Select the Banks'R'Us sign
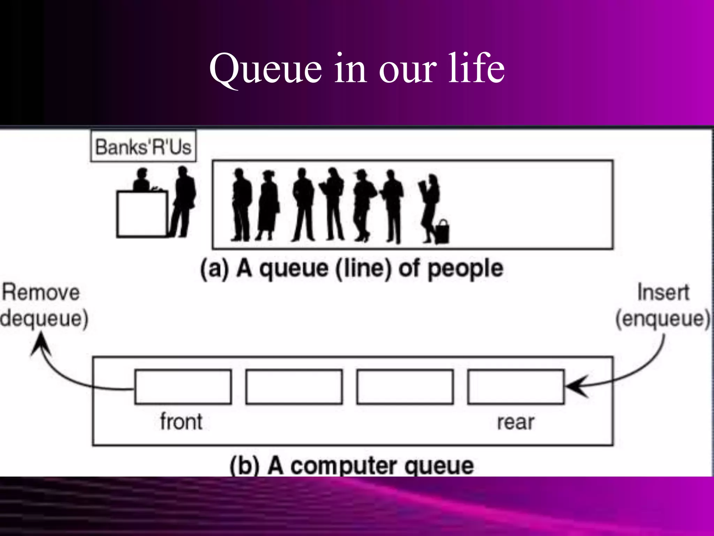click(143, 147)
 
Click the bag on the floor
click(442, 232)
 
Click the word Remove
click(41, 292)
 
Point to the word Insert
click(663, 292)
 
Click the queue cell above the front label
click(183, 387)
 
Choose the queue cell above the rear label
click(516, 387)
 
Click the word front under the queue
click(181, 422)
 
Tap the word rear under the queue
click(516, 422)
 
